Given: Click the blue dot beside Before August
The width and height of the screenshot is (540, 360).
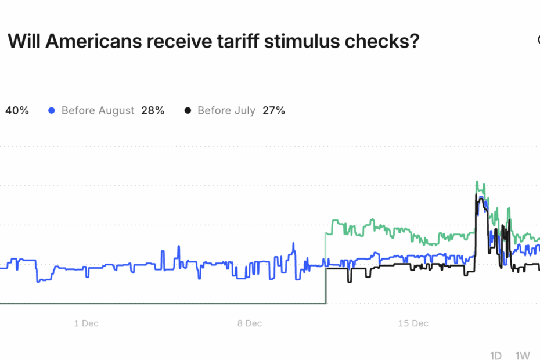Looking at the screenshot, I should (x=52, y=111).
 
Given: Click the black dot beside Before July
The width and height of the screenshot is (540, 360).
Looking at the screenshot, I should (x=188, y=111).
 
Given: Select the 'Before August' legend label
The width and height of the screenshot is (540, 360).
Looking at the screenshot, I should (x=98, y=111).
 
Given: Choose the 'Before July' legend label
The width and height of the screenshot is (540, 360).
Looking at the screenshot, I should (x=226, y=111).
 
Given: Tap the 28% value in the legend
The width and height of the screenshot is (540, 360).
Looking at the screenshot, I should (x=153, y=111).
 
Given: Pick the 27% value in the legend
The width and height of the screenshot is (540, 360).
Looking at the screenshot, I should (x=273, y=111).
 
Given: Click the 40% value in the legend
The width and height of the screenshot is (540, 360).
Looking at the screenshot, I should (x=17, y=111).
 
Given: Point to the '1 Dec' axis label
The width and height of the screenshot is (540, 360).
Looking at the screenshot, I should (x=86, y=323).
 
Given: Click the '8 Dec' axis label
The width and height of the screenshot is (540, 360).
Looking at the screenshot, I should (x=250, y=323).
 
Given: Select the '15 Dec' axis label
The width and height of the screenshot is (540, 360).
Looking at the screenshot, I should (x=413, y=323).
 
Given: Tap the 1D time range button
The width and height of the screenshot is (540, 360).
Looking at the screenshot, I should (x=496, y=355).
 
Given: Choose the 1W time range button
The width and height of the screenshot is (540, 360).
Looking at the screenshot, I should (x=523, y=355).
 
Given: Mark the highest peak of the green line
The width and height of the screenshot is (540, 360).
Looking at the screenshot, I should (x=477, y=182).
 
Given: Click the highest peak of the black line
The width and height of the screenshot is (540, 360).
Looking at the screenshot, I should (x=477, y=195).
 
